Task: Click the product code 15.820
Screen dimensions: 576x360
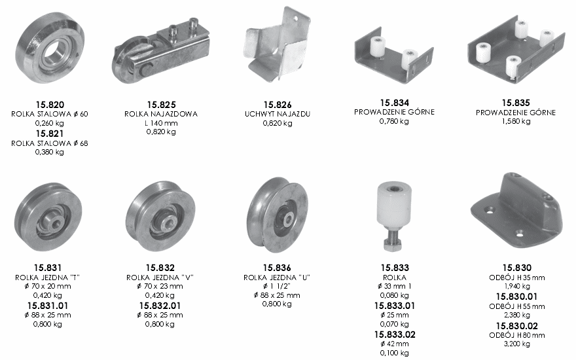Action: (50, 105)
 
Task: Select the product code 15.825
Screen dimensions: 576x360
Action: (161, 105)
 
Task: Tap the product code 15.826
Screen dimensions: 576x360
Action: (278, 105)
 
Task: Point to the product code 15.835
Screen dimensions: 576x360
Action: (516, 103)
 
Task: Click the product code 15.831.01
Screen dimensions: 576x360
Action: (48, 306)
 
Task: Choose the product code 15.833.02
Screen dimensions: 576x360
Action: (395, 334)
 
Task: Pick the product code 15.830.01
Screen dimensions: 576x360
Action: (516, 297)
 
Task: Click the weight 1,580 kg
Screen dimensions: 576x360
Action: (516, 121)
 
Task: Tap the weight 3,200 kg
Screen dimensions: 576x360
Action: (517, 344)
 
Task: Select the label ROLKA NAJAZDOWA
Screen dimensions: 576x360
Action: (161, 114)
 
